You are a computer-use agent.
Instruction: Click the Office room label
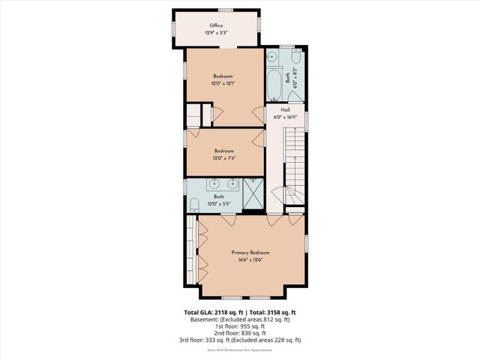[x=216, y=25]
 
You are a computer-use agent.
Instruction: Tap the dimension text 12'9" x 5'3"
[x=216, y=33]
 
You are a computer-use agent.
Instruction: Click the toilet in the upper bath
[x=295, y=57]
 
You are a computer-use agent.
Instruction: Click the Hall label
[x=285, y=109]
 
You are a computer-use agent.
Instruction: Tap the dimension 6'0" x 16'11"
[x=285, y=117]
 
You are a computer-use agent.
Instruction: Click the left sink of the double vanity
[x=214, y=183]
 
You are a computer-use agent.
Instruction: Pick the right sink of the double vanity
[x=233, y=183]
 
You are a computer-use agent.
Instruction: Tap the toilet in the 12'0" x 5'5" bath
[x=193, y=204]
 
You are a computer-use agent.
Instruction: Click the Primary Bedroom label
[x=250, y=253]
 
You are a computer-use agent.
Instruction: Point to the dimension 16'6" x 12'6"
[x=250, y=260]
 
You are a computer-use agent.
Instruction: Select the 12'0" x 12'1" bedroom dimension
[x=223, y=83]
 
